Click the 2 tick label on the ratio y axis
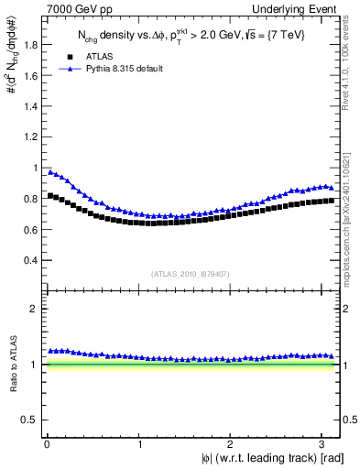tap(32, 309)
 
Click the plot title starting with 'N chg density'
tap(193, 36)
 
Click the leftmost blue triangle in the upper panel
tap(50, 171)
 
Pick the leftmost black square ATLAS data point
tap(50, 196)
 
